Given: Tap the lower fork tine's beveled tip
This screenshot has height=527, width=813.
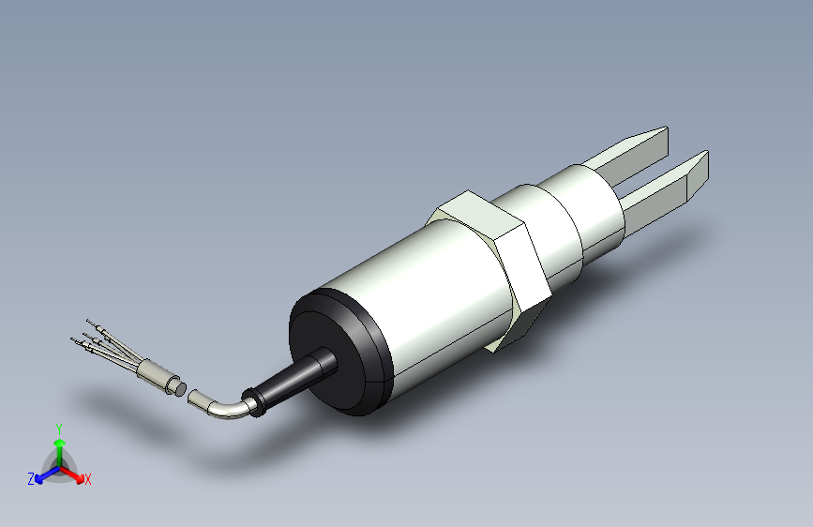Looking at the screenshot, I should (x=698, y=173).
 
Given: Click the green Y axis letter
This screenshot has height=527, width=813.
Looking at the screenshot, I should (x=59, y=428).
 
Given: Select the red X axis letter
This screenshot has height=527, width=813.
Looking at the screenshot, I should (x=88, y=479).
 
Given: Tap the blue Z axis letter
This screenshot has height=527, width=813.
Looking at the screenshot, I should (x=31, y=479).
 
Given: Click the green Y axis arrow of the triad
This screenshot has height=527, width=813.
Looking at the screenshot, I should (x=59, y=445).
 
